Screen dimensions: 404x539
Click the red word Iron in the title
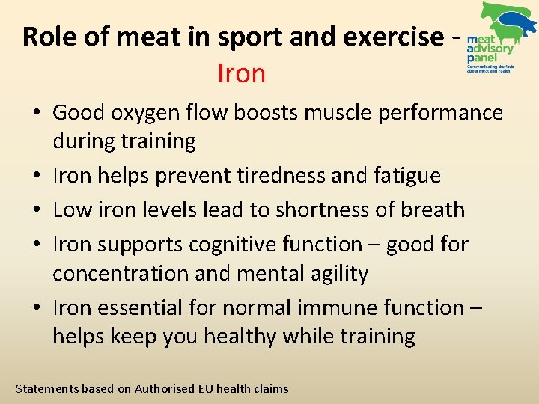(241, 73)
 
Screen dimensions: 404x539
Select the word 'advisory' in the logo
(490, 49)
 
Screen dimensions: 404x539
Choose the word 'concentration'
(121, 274)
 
